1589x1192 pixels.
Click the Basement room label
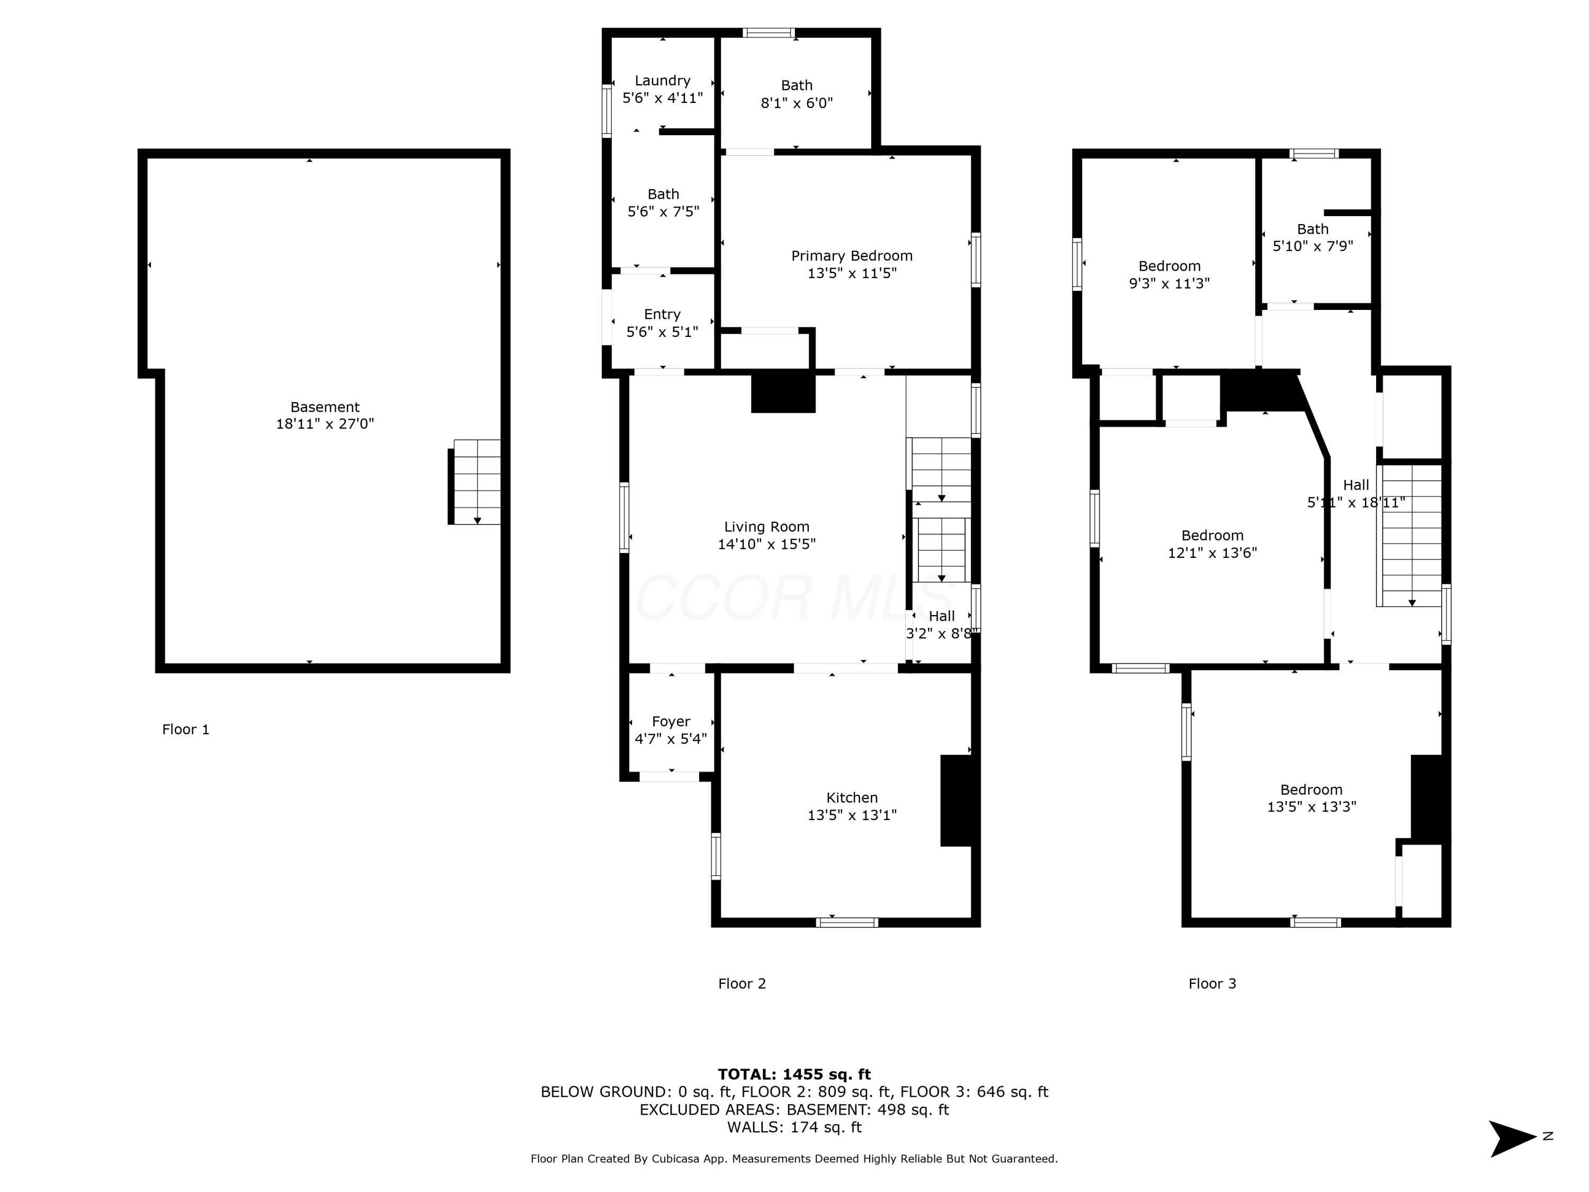[325, 407]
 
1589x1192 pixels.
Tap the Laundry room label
[662, 81]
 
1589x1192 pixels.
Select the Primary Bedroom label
[852, 256]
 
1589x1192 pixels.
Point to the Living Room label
[766, 527]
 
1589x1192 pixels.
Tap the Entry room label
[662, 314]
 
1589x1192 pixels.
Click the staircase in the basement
[475, 482]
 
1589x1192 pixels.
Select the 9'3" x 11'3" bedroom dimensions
[1170, 283]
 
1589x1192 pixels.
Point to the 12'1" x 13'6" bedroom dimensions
[1212, 553]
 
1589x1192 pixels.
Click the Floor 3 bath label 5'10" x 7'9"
[1313, 246]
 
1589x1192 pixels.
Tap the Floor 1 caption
[186, 730]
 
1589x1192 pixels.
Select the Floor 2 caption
[742, 984]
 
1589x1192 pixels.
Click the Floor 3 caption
[1212, 984]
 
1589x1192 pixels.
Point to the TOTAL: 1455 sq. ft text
[794, 1074]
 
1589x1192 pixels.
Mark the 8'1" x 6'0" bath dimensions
[797, 102]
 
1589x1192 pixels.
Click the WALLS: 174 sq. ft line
[794, 1127]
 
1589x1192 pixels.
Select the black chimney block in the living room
[783, 393]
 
